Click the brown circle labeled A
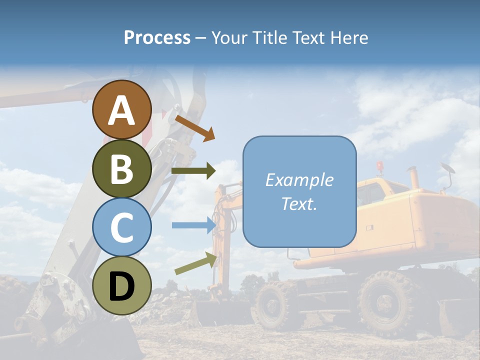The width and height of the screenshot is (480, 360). pos(121,109)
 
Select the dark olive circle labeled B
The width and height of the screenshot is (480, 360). pos(121,168)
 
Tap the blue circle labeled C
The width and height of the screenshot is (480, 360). pos(121,227)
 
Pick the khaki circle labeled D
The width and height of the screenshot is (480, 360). pos(121,285)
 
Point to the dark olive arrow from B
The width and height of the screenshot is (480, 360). pos(193,171)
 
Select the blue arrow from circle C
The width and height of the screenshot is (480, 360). pos(193,225)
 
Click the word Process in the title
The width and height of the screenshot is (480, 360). pos(157,38)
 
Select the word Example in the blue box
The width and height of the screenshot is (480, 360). pos(299,180)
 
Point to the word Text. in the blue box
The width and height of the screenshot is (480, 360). pos(299,203)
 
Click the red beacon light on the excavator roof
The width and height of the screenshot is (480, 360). pos(380,165)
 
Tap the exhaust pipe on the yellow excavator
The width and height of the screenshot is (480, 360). pos(413,177)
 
